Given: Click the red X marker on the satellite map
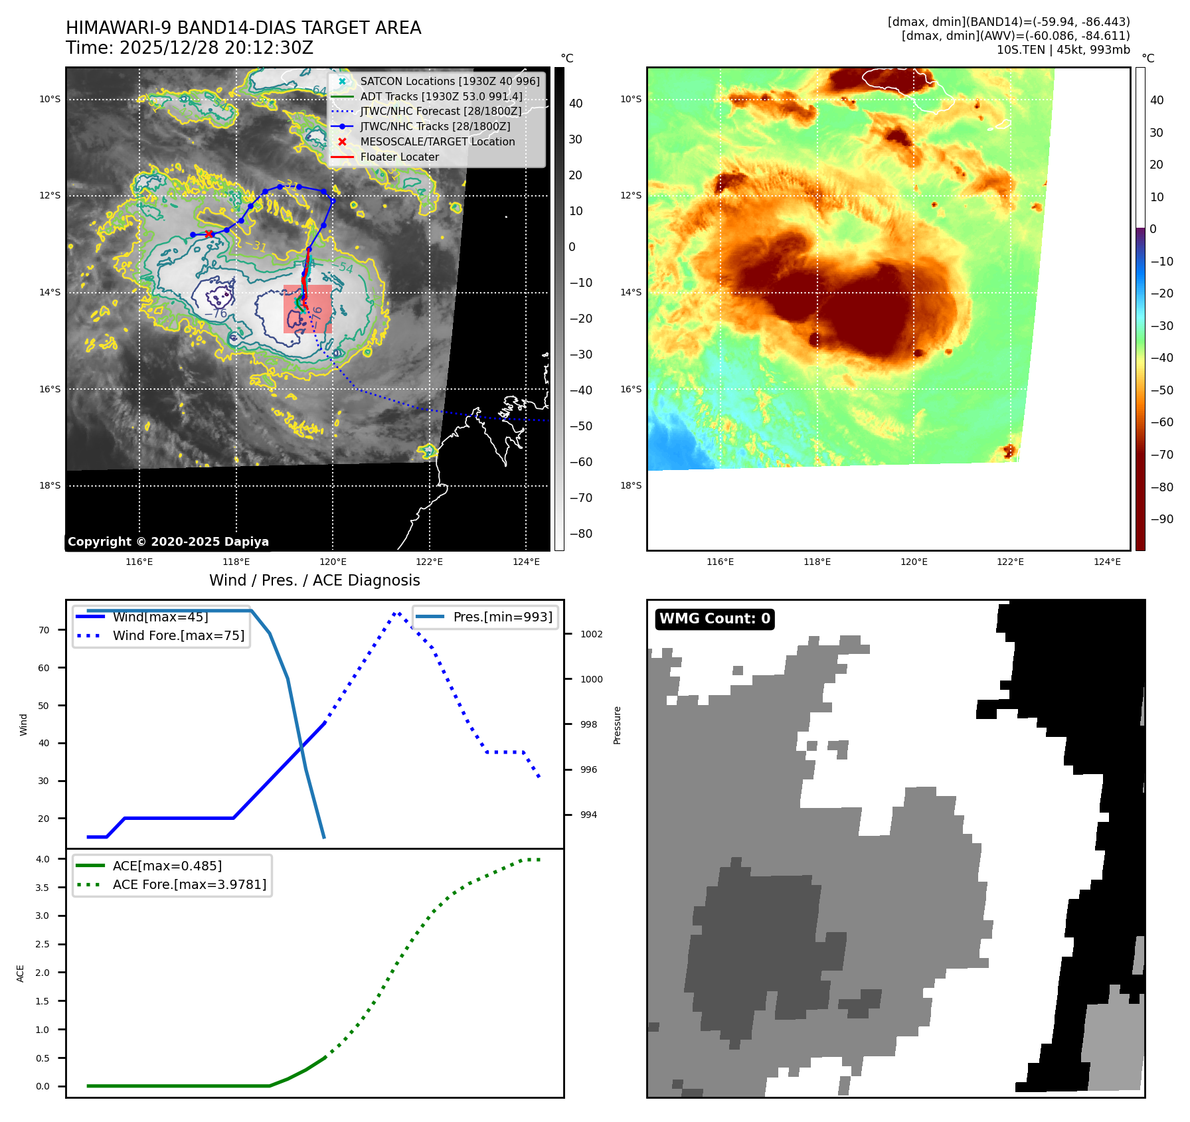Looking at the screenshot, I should (209, 234).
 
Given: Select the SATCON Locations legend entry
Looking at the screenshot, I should (450, 81).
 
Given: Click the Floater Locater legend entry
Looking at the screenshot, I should (399, 157).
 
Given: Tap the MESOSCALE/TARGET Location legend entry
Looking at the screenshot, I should (437, 142).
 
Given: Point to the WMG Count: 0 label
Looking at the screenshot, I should (715, 619).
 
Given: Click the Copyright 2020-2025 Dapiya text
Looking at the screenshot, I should (168, 542).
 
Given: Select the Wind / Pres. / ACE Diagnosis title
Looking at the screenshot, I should (314, 580).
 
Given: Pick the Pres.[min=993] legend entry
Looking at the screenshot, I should (502, 617).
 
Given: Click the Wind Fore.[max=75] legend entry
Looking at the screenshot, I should (178, 635).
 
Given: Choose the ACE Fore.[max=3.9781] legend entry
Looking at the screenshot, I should (189, 884).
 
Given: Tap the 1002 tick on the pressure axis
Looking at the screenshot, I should (591, 634).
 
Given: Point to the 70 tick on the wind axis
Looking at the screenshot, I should (44, 630).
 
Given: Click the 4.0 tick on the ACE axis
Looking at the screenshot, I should (42, 859).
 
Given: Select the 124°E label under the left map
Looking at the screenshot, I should (526, 562).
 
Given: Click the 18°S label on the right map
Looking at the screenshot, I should (631, 486).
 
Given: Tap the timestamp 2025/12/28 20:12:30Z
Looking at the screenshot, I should (216, 48).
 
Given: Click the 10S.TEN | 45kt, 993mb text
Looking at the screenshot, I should (1062, 50).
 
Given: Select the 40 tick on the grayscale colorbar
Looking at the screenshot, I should (576, 104).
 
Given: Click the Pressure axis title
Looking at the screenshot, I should (618, 725).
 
